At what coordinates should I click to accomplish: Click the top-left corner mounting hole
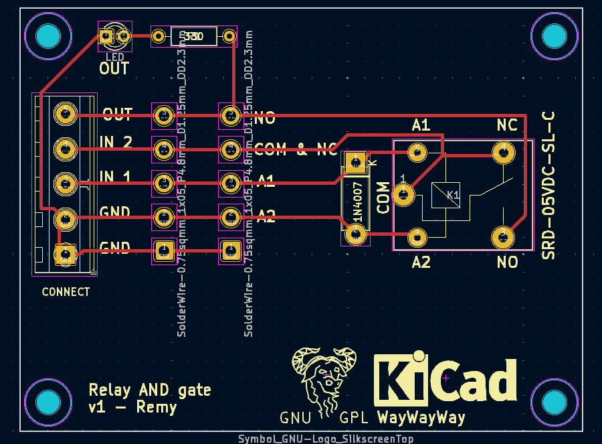click(47, 35)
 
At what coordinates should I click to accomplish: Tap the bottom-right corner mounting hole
click(555, 403)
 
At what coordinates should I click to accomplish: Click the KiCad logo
click(445, 380)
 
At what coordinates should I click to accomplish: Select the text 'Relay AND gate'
click(150, 390)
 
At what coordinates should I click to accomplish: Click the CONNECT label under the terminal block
click(66, 292)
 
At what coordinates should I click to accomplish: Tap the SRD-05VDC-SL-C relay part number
click(548, 184)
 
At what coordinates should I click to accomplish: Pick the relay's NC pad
click(502, 152)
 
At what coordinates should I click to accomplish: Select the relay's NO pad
click(503, 236)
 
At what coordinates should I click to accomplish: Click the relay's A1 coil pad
click(418, 152)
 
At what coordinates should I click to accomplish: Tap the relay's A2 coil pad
click(417, 237)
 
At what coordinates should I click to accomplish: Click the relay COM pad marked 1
click(403, 195)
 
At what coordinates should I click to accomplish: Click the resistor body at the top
click(194, 36)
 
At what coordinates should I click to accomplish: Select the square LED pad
click(106, 36)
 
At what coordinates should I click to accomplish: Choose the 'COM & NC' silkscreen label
click(296, 149)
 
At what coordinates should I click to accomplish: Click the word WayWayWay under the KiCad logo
click(421, 418)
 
